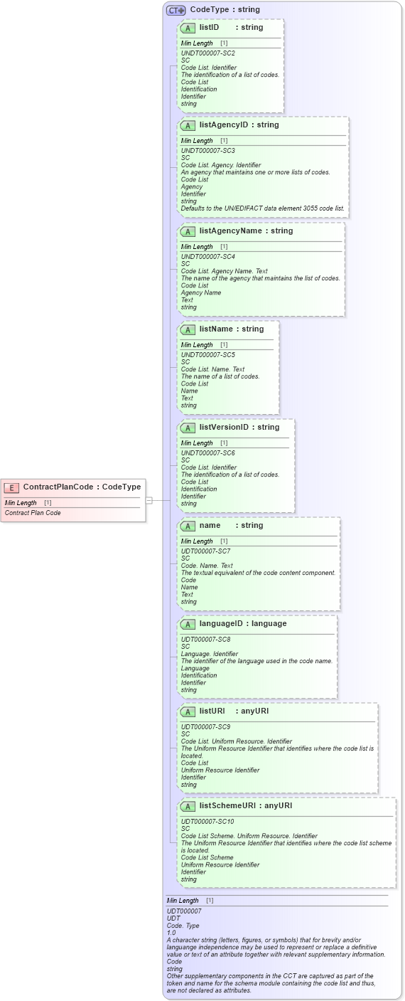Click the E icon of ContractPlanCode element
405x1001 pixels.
point(11,487)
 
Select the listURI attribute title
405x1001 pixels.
point(212,711)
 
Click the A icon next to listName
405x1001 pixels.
point(188,330)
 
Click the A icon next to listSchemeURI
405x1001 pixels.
point(188,807)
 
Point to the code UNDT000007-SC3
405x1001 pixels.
point(207,151)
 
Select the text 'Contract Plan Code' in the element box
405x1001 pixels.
point(33,513)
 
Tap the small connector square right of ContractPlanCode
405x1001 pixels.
point(149,500)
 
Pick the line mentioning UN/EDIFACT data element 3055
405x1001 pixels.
point(263,208)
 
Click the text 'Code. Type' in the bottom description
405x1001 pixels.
point(183,926)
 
